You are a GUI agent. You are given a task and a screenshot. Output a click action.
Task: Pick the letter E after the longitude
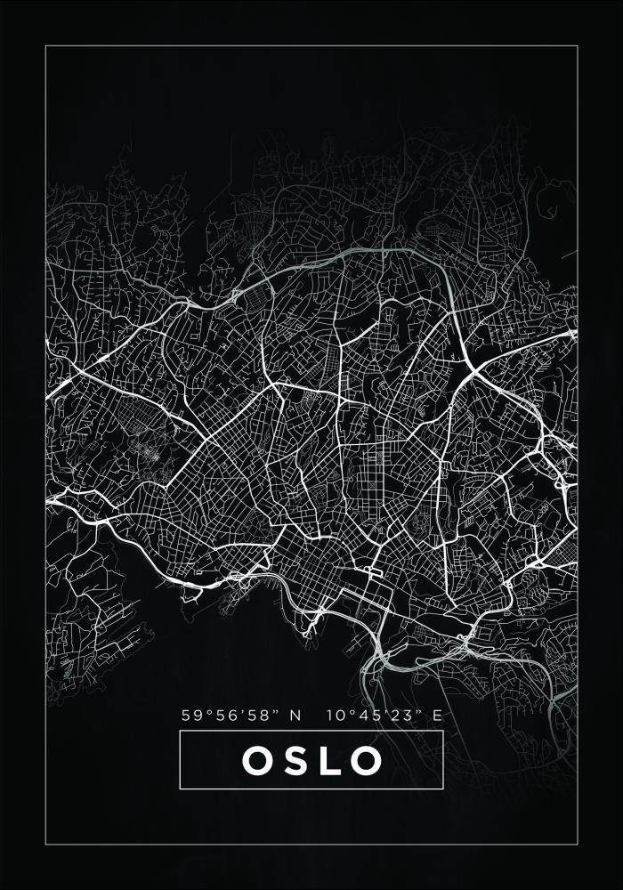(x=436, y=715)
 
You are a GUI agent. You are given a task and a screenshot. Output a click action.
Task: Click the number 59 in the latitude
(x=190, y=715)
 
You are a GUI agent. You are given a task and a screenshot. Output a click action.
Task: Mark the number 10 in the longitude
(x=335, y=715)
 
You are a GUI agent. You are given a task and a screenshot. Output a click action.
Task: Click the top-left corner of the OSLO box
(x=180, y=732)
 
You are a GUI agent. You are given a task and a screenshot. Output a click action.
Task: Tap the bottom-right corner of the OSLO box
(x=443, y=789)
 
